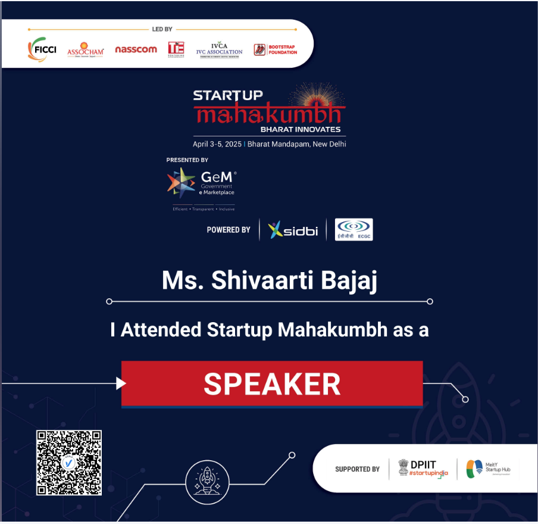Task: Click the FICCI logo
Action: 42,49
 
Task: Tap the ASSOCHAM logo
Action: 86,49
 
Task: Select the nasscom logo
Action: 136,49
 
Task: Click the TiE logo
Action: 176,49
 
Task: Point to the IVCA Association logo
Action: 219,49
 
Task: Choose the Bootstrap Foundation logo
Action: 275,49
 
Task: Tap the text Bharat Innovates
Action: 300,129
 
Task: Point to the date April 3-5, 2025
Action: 217,144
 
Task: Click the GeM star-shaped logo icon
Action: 181,182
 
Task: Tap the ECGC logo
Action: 354,230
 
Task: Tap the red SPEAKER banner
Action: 272,384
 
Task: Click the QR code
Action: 69,463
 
